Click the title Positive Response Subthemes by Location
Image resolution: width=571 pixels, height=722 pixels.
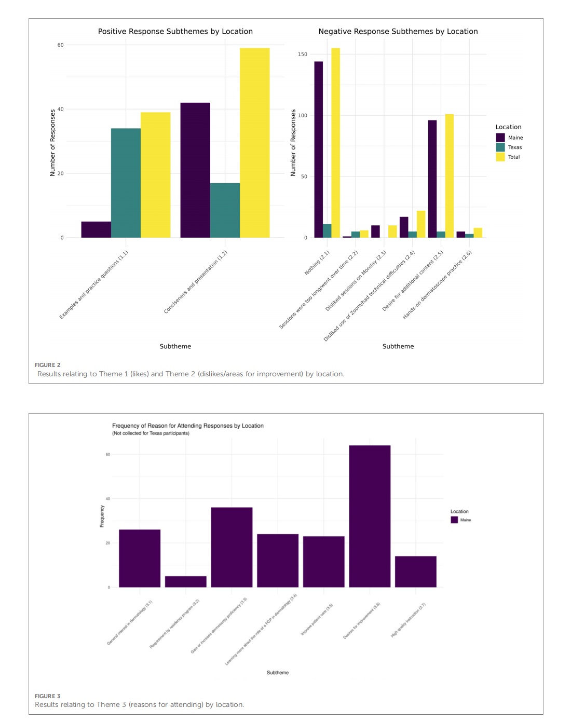[x=175, y=32]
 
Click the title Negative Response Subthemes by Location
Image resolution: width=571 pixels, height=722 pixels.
[x=398, y=32]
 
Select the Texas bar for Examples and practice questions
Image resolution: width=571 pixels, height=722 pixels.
[x=126, y=183]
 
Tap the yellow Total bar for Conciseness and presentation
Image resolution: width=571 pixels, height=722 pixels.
[x=254, y=143]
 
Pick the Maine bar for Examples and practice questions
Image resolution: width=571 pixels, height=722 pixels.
[x=96, y=229]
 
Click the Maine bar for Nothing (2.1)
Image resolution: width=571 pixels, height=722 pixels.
[x=318, y=149]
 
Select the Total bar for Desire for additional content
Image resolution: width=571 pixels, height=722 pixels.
[x=450, y=176]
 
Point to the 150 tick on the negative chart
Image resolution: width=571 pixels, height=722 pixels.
[x=303, y=55]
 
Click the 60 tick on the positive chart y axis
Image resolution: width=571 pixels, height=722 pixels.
[x=61, y=45]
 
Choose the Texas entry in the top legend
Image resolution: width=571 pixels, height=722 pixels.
[x=514, y=147]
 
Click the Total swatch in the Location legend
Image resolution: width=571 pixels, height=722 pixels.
[x=500, y=157]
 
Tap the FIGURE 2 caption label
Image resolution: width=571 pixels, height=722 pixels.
[x=48, y=365]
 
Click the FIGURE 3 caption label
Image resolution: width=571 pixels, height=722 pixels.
[x=48, y=696]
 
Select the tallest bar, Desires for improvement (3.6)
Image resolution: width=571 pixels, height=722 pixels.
[x=370, y=516]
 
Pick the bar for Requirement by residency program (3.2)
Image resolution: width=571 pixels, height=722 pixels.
[x=186, y=582]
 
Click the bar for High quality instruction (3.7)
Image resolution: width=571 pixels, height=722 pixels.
[x=416, y=571]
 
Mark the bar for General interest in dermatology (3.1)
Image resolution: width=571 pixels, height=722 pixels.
[x=140, y=558]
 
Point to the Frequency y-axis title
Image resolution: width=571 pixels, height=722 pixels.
[x=102, y=516]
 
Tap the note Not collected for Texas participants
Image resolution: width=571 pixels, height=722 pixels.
[x=151, y=433]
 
